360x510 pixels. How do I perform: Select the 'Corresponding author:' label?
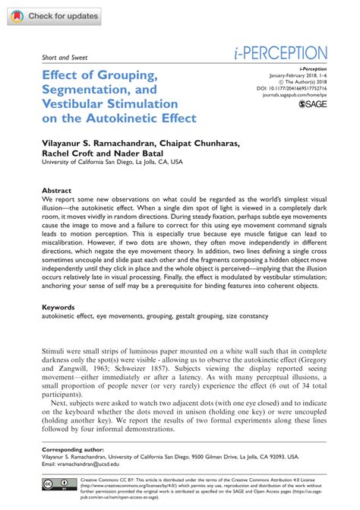click(x=72, y=451)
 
